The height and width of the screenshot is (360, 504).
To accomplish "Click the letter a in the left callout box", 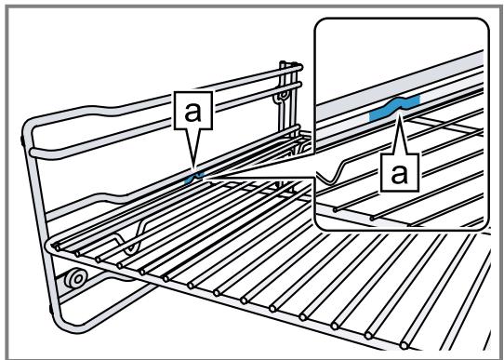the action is [192, 112].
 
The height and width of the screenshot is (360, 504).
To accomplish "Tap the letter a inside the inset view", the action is [399, 174].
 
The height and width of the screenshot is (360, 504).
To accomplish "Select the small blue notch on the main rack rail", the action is [194, 177].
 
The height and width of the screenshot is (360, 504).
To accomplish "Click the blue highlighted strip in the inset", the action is [394, 108].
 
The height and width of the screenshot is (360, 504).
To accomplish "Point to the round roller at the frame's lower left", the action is [76, 279].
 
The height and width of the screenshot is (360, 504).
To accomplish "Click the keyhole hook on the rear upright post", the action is [282, 97].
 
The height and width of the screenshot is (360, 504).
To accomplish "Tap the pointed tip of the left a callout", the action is [193, 167].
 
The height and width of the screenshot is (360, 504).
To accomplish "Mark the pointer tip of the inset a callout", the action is [399, 113].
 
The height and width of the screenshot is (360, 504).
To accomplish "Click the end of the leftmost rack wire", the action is [58, 247].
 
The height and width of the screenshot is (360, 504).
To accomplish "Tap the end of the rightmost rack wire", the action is [405, 346].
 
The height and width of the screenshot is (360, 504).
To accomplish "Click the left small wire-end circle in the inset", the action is [336, 210].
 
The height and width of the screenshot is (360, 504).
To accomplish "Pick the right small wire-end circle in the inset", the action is [372, 219].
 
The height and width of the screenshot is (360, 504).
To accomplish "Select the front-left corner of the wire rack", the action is [50, 246].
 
